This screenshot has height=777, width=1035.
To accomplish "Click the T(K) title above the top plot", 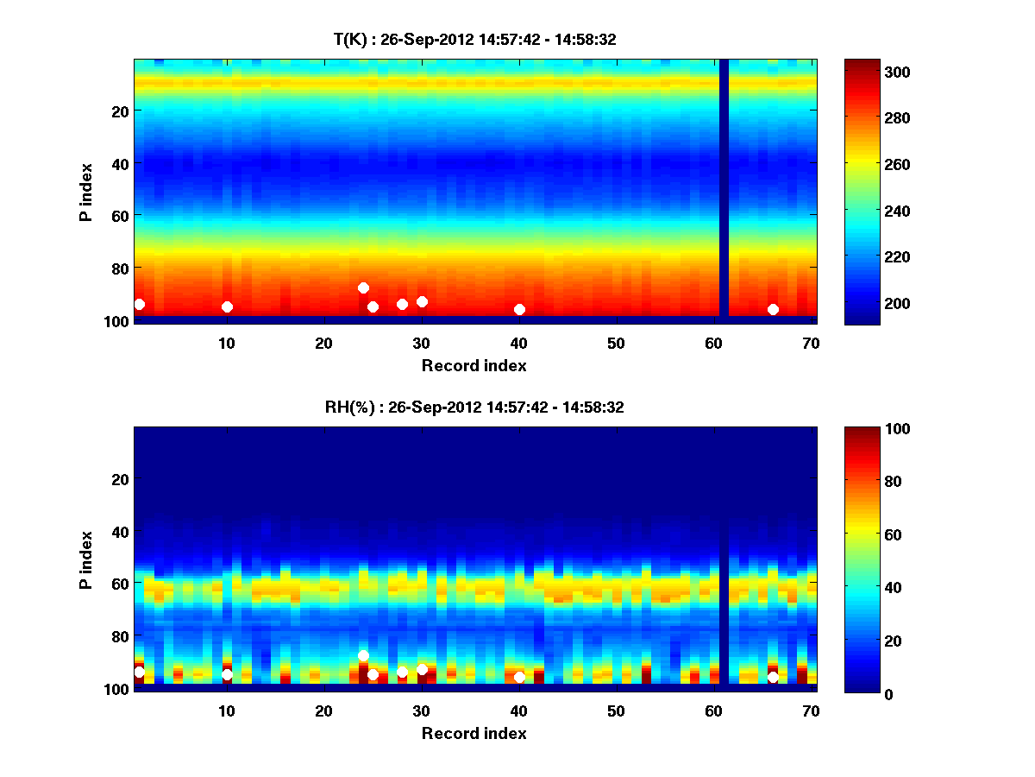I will [474, 39].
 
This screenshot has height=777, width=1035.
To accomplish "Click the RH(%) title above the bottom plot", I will [474, 407].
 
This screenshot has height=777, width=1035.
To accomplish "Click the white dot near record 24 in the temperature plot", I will [363, 287].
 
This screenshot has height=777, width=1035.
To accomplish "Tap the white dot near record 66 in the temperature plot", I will [773, 309].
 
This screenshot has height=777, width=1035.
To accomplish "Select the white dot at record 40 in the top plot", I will [519, 309].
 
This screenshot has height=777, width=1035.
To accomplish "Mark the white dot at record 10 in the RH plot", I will [227, 674].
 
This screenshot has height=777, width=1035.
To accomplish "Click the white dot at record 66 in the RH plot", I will [773, 677].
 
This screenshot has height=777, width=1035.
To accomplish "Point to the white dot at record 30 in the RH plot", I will [422, 669].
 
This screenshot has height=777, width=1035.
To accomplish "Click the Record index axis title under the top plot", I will [474, 365].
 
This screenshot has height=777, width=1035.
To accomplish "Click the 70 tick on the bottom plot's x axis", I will [811, 711].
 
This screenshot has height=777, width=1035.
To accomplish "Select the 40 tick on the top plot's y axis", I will [119, 163].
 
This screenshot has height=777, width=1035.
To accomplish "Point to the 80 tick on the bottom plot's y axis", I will [119, 636].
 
